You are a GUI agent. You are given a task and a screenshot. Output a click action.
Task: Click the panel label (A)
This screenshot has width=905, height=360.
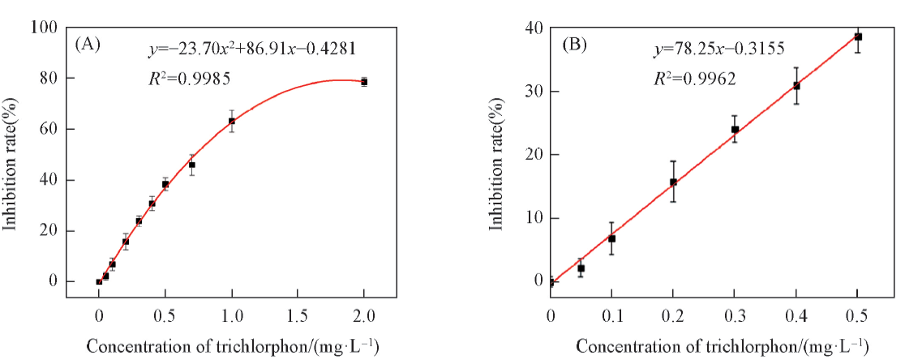click(x=88, y=45)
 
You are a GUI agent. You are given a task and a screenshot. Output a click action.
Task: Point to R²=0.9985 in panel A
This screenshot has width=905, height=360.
click(x=185, y=79)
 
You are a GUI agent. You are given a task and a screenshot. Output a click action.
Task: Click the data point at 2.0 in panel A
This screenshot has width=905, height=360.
click(x=364, y=82)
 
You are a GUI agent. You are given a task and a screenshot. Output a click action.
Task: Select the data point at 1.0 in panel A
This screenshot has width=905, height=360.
click(x=232, y=121)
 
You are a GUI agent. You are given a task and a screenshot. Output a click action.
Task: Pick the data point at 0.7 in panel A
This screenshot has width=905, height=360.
click(x=192, y=165)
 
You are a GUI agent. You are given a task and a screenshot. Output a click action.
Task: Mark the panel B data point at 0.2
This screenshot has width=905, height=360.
click(x=673, y=182)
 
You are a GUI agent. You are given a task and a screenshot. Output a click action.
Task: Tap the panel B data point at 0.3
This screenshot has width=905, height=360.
click(x=735, y=129)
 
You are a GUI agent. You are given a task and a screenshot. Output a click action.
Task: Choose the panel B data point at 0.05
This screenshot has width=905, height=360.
click(x=581, y=268)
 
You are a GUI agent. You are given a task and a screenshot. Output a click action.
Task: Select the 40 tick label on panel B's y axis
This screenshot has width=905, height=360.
click(x=534, y=28)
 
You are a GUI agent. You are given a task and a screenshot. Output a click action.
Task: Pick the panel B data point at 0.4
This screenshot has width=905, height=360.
click(x=796, y=85)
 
